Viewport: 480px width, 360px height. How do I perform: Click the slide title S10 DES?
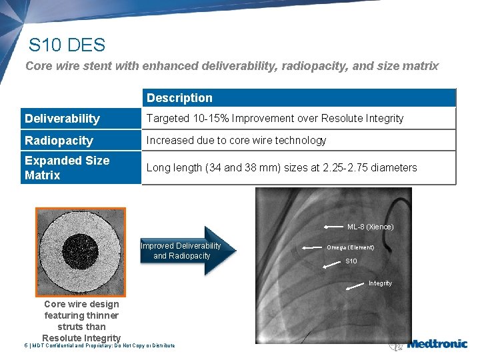67,45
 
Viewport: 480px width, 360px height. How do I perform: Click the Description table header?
179,98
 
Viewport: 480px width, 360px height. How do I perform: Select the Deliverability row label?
62,119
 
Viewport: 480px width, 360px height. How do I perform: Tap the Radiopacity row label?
59,141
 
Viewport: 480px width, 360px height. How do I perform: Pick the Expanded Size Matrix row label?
67,167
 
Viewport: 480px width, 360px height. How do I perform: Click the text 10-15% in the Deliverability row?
204,119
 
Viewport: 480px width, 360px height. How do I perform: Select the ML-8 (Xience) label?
370,227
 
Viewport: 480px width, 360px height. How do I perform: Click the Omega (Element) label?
350,247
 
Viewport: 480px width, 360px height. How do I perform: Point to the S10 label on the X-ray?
351,261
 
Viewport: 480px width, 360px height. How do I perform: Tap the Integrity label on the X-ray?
380,283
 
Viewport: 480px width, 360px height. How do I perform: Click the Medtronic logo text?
437,345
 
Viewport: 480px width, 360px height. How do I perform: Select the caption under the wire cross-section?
81,321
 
